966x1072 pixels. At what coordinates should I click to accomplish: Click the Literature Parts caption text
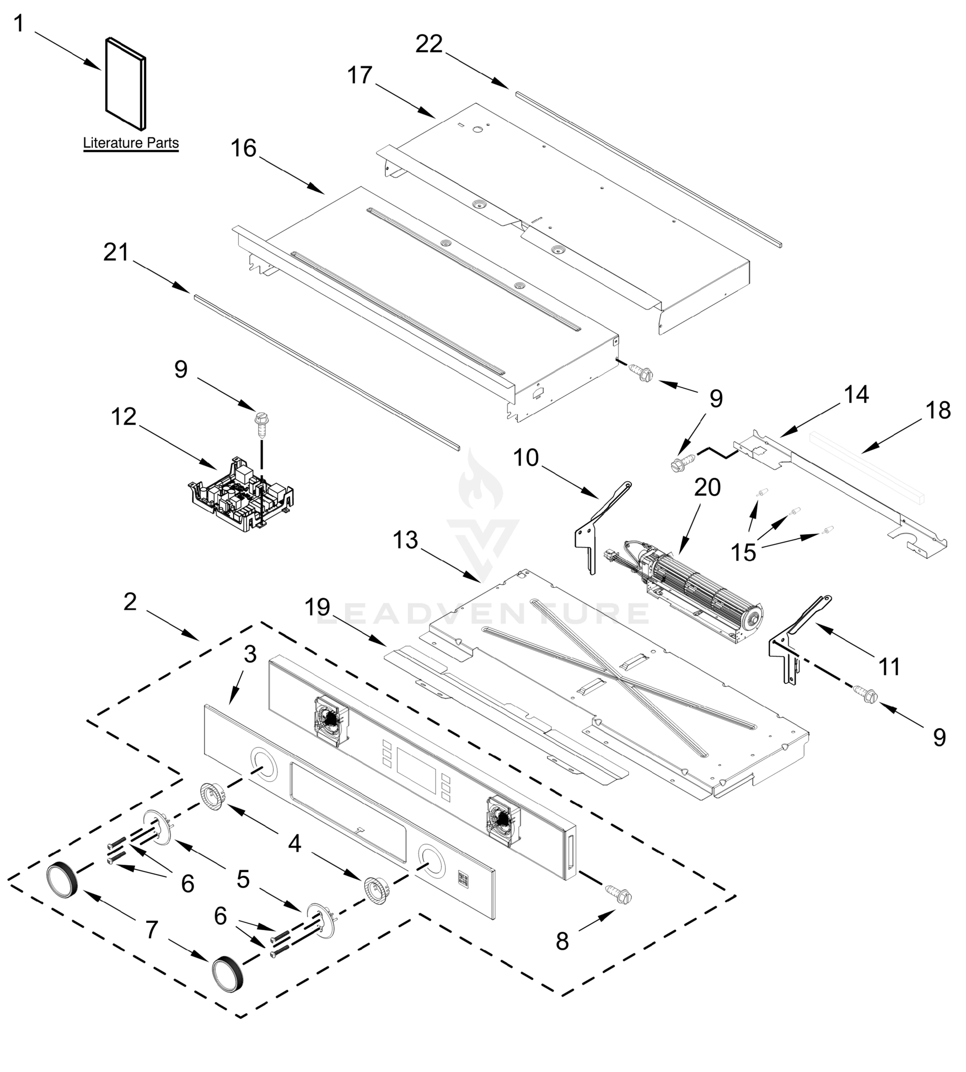130,143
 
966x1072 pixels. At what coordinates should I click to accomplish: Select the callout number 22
428,44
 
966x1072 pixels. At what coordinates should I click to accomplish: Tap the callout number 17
360,75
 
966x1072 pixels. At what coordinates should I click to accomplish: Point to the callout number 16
244,149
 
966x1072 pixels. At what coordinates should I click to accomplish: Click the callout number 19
317,607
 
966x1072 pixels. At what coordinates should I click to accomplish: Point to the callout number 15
743,553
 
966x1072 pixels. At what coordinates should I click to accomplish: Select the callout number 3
250,654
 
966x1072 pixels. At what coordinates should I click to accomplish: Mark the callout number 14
856,394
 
